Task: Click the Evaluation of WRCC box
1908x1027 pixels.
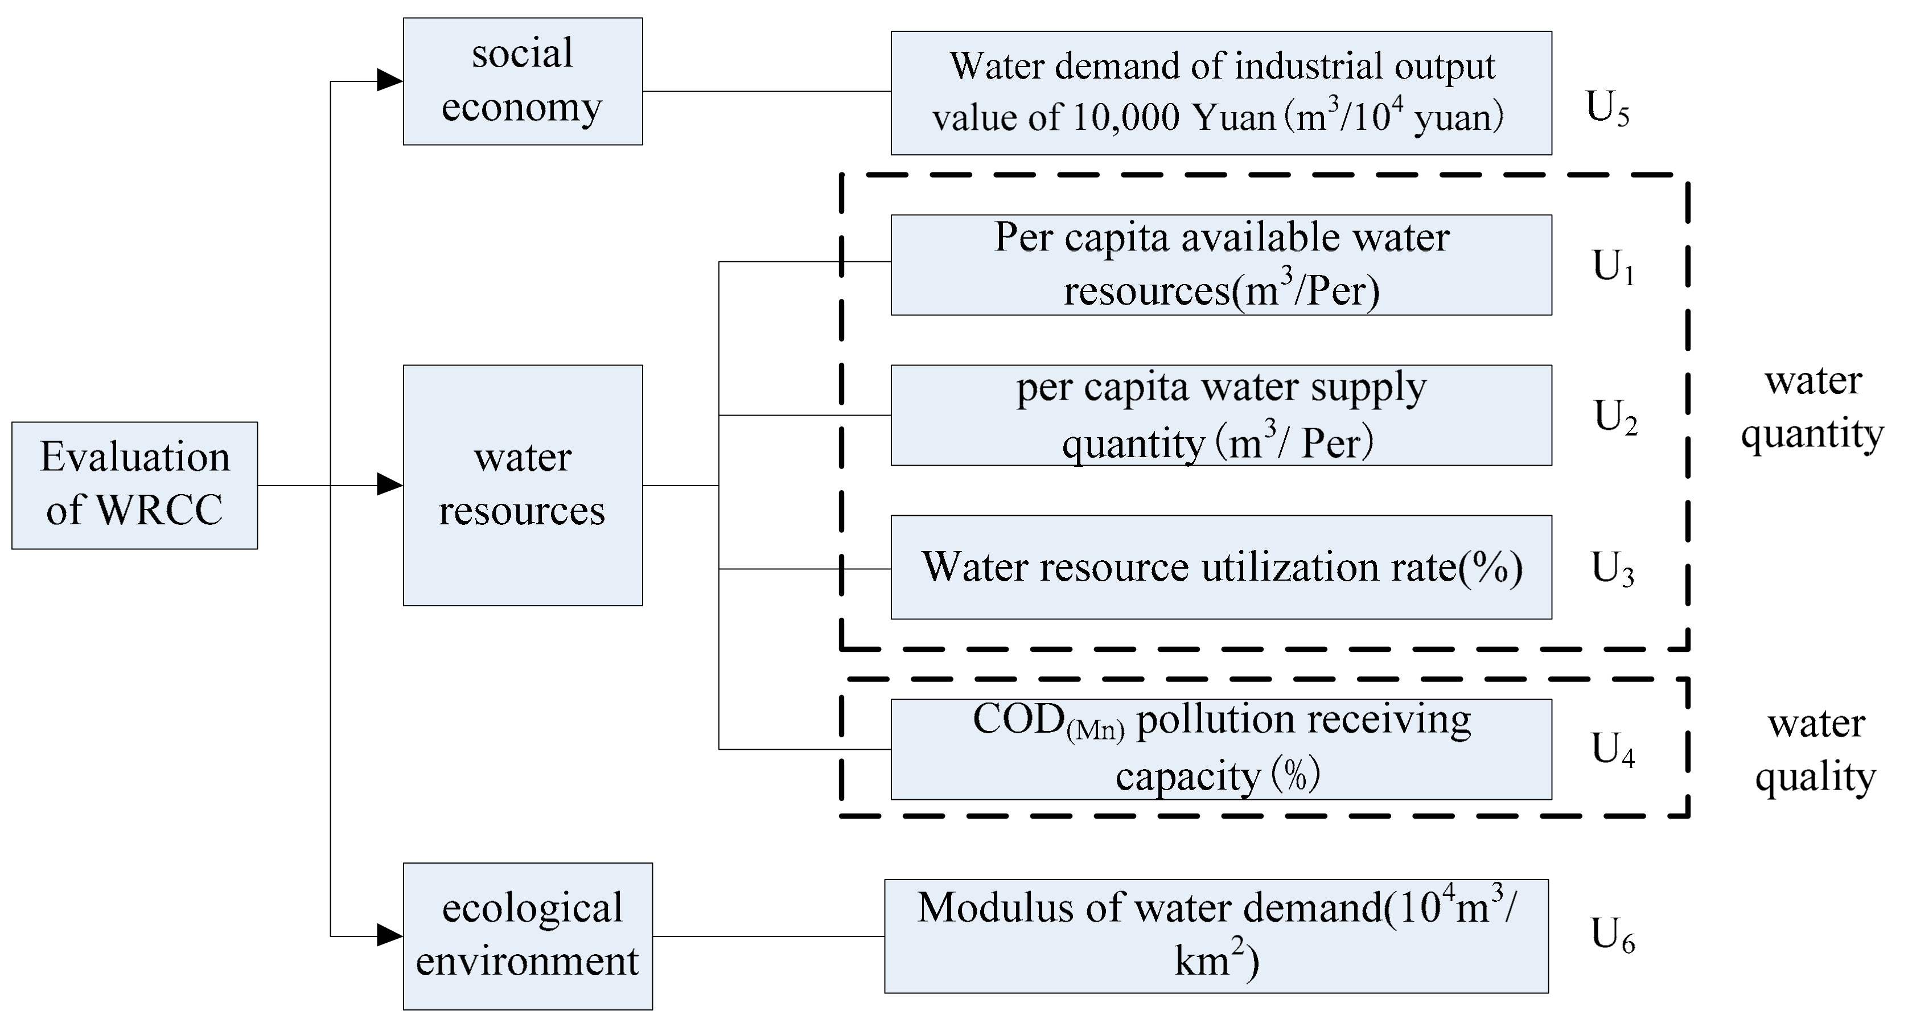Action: (x=134, y=486)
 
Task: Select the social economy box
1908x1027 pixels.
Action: (x=522, y=81)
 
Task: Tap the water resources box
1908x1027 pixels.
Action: (x=522, y=486)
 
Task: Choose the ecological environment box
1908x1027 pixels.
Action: (x=527, y=936)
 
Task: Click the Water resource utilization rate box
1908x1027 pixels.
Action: (x=1220, y=567)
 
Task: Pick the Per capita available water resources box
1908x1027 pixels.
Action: (x=1220, y=265)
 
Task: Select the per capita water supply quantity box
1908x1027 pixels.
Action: (x=1220, y=415)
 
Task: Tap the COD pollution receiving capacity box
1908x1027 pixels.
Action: (x=1220, y=749)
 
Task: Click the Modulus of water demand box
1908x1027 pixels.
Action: (x=1216, y=936)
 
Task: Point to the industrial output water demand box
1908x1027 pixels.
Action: (x=1220, y=93)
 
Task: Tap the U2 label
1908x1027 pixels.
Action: (x=1615, y=417)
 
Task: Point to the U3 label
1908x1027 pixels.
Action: (x=1613, y=569)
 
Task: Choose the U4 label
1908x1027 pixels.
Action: (x=1613, y=749)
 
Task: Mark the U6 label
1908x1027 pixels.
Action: (x=1613, y=935)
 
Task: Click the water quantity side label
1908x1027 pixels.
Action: (x=1812, y=408)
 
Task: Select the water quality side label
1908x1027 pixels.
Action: (x=1815, y=750)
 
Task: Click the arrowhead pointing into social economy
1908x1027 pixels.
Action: (x=389, y=80)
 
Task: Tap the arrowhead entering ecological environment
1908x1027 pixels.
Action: (x=389, y=935)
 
